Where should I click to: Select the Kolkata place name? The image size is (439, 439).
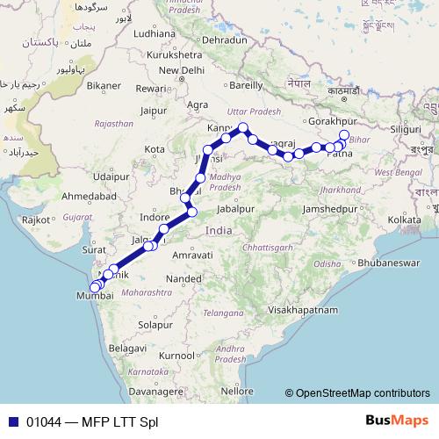[405, 218]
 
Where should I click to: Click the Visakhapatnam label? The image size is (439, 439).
[303, 310]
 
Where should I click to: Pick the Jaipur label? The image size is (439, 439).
[153, 112]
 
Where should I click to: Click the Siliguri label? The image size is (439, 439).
[409, 129]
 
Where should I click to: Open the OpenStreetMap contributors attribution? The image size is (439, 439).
[362, 393]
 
